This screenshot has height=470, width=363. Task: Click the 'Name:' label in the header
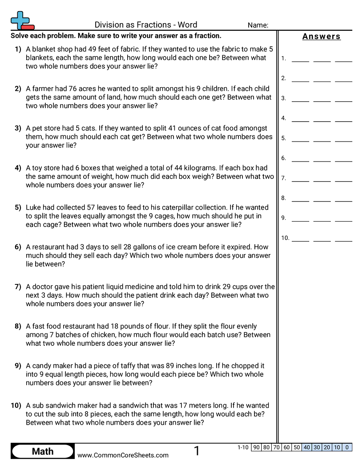(258, 25)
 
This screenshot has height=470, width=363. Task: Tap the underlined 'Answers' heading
(321, 37)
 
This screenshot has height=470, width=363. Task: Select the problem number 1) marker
(18, 49)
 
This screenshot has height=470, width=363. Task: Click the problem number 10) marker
(16, 405)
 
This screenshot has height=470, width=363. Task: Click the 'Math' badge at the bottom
(43, 451)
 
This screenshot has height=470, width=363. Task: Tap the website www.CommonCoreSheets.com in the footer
(123, 455)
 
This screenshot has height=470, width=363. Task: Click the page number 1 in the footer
(197, 451)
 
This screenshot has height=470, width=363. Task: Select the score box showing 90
(256, 447)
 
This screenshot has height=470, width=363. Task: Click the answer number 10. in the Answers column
(285, 238)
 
